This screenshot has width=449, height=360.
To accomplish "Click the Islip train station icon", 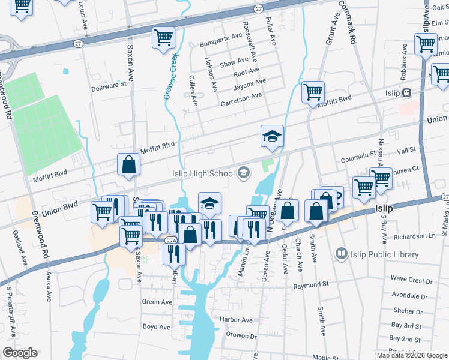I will [407, 93].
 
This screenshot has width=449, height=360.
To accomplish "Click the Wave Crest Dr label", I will [411, 280].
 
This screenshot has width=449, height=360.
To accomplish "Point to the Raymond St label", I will [312, 286].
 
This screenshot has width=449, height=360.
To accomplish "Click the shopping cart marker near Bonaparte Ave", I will [163, 37].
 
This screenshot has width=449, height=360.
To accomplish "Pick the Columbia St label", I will [358, 160].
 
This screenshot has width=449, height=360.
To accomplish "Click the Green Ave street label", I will [157, 302].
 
